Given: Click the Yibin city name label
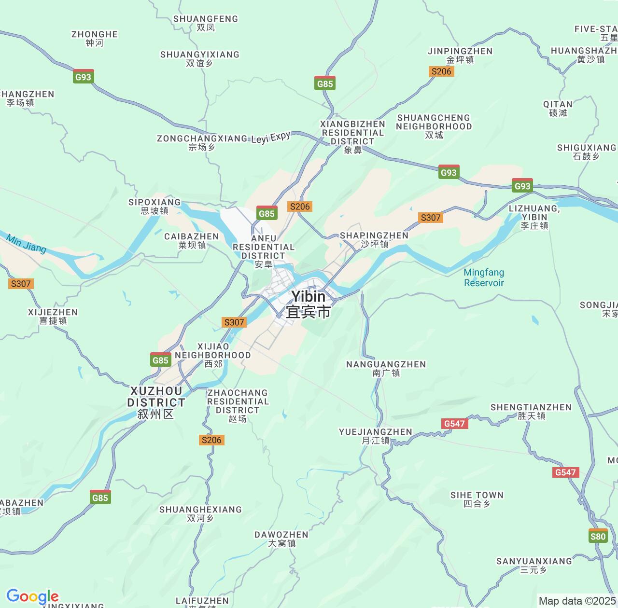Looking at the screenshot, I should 308,304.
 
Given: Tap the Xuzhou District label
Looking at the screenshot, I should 156,402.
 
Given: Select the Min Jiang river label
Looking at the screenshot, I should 26,244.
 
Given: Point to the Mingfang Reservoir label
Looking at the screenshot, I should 484,277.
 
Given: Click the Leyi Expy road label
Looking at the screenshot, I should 271,138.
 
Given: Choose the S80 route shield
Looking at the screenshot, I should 598,536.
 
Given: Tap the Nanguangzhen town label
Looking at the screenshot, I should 386,368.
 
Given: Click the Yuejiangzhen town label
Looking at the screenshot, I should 376,436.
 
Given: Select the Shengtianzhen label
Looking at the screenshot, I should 531,411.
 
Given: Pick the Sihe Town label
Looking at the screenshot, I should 477,499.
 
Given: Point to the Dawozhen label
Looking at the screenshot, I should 281,539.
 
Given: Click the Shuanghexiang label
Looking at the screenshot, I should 200,513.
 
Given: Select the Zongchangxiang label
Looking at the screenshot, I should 202,142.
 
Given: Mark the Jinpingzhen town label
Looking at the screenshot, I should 460,55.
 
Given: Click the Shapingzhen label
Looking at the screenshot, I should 374,239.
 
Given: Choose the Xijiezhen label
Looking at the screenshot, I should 53,316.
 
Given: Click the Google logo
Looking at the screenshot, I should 32,596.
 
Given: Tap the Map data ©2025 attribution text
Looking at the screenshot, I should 577,601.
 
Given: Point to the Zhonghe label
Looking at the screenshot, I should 95,38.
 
